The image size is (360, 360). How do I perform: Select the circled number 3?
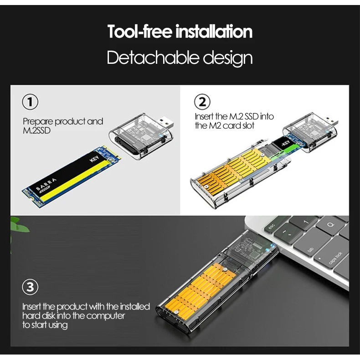point(30,287)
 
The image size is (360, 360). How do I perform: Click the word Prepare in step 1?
point(38,122)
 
